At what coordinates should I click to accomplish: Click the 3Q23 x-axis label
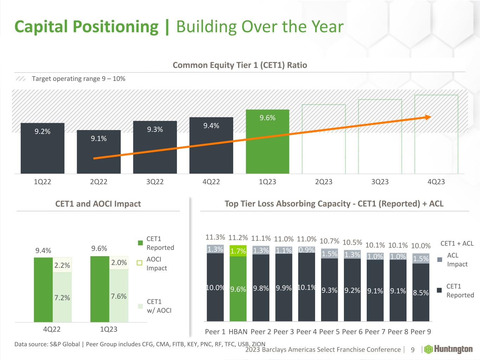tap(380, 182)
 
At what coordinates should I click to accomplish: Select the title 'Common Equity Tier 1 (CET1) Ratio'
tap(240, 65)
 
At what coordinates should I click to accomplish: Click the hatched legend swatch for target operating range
tap(21, 79)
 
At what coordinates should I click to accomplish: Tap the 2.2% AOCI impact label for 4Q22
tap(62, 266)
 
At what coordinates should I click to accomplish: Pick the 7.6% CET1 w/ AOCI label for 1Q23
tap(119, 296)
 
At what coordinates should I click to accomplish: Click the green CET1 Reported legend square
tap(140, 243)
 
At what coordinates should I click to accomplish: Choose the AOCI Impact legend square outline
tap(140, 263)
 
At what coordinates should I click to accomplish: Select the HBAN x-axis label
tap(238, 332)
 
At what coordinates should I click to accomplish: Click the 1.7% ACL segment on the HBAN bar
tap(238, 251)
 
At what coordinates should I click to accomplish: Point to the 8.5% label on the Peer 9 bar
tap(421, 292)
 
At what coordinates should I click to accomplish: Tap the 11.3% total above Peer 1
tap(215, 237)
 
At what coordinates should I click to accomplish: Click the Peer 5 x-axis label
tap(329, 332)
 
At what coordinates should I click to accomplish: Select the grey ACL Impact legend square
tap(440, 260)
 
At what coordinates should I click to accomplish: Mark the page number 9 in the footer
tap(413, 350)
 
